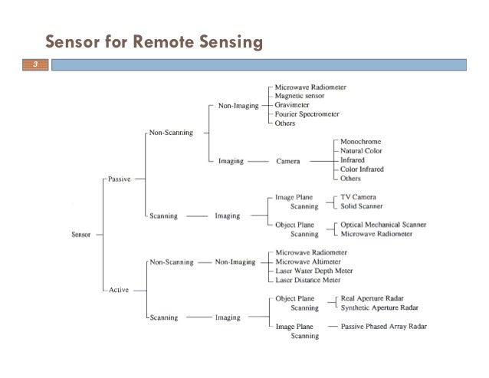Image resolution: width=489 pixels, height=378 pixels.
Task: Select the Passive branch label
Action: (x=119, y=179)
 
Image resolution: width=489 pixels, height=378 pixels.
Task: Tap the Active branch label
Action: (x=119, y=290)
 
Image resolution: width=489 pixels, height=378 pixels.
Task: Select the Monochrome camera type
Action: (x=360, y=142)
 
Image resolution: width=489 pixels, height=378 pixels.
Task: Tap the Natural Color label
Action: (x=363, y=151)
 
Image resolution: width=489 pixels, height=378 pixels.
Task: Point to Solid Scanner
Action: (x=363, y=206)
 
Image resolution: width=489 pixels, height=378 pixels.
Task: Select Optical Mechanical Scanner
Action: (x=384, y=225)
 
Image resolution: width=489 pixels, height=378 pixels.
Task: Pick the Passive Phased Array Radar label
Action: (x=385, y=326)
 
